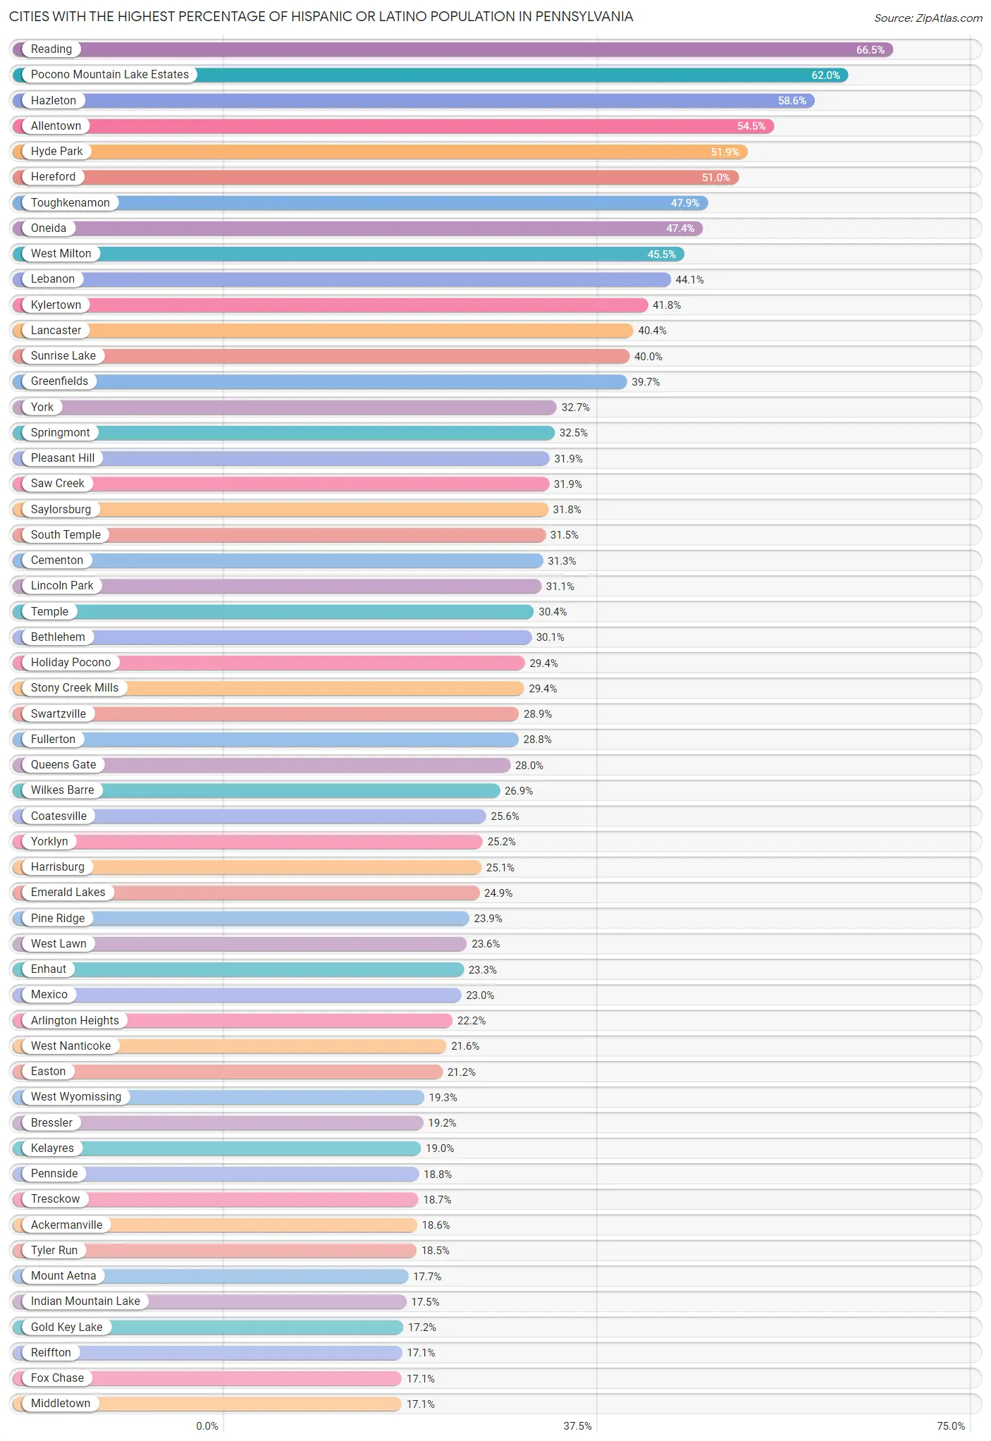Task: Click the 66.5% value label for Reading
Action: (870, 50)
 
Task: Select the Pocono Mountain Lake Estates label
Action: (109, 75)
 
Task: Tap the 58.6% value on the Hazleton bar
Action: (792, 101)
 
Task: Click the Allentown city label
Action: (56, 126)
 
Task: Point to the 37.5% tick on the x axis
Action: (577, 1425)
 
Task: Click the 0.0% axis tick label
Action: (207, 1425)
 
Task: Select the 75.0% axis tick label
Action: (950, 1425)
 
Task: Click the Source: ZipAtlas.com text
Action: (928, 18)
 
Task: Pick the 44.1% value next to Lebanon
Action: (689, 280)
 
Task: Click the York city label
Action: (42, 407)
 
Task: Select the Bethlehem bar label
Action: (58, 637)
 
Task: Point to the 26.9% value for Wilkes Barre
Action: (519, 791)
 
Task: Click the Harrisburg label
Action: (57, 867)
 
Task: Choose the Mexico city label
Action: (49, 995)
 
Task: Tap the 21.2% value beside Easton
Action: (461, 1072)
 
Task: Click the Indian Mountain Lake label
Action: (85, 1301)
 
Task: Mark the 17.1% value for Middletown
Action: (420, 1404)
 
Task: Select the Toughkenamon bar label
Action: (70, 203)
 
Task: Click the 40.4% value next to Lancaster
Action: (652, 331)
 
